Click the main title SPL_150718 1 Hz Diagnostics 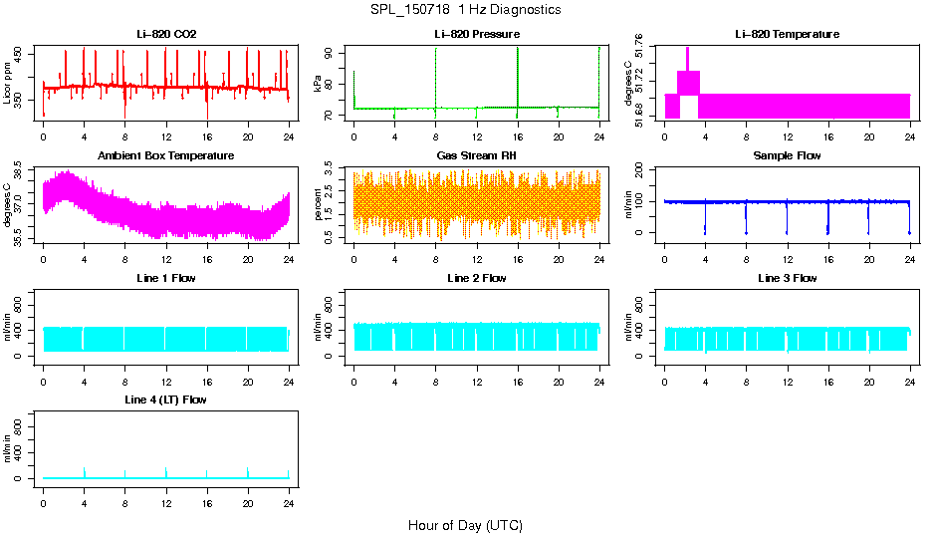tap(465, 10)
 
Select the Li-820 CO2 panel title tap(166, 35)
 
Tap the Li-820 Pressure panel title tap(476, 35)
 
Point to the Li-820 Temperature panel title tap(787, 35)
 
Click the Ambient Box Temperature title tap(166, 156)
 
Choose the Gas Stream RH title tap(476, 156)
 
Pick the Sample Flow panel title tap(787, 156)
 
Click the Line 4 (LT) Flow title tap(166, 400)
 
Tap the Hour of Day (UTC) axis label tap(465, 525)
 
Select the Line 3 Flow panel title tap(787, 278)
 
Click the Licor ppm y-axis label tap(8, 84)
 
